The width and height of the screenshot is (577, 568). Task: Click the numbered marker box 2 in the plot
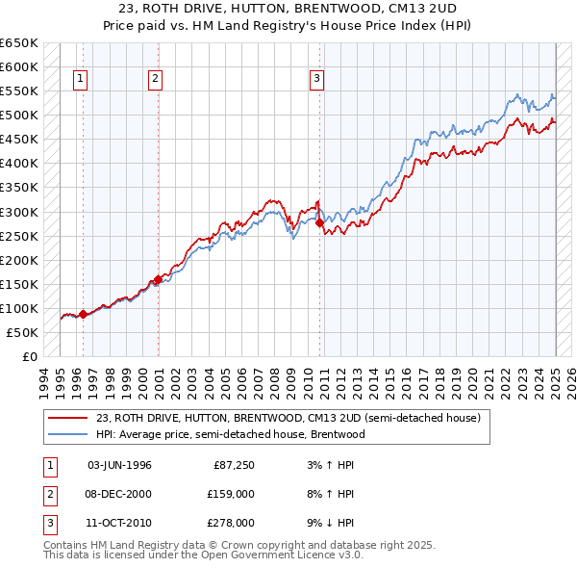[x=155, y=79]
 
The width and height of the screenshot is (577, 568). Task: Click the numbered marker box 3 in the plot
[x=316, y=79]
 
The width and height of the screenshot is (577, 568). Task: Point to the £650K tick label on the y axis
[x=19, y=43]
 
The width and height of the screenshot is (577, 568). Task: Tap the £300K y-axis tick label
[x=19, y=212]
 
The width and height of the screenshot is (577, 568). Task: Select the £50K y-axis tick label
[x=23, y=332]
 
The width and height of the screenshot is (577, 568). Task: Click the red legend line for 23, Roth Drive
[x=67, y=418]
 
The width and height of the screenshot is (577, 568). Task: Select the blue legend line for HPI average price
[x=67, y=434]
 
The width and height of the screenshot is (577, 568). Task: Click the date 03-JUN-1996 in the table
[x=119, y=465]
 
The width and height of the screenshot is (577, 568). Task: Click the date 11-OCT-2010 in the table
[x=119, y=523]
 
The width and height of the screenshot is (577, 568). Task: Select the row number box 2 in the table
[x=49, y=494]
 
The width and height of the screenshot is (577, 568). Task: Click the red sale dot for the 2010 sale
[x=319, y=222]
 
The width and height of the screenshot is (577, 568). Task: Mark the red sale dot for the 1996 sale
[x=83, y=314]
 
